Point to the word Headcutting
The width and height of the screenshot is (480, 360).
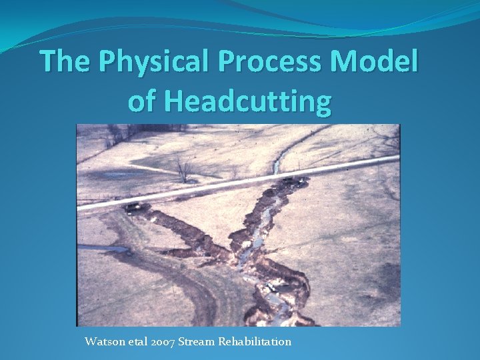click(247, 101)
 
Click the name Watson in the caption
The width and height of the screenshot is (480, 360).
click(103, 341)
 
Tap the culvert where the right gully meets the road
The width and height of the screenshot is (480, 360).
click(293, 180)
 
